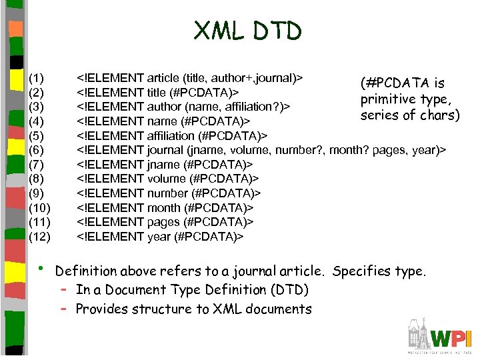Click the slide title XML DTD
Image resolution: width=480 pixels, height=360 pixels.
(x=247, y=31)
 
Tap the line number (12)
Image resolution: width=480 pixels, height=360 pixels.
(x=39, y=236)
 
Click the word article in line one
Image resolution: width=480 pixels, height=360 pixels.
(x=163, y=78)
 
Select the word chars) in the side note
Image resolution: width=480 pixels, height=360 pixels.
(x=439, y=115)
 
